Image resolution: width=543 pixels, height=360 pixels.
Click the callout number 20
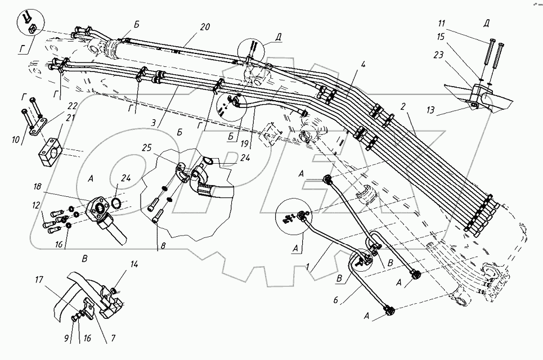205,26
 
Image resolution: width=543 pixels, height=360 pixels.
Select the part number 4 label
353,64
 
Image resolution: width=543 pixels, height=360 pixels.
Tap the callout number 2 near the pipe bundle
403,107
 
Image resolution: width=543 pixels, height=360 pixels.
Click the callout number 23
438,55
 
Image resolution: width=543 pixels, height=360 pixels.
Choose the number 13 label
430,110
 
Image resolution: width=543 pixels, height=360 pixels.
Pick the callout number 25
147,148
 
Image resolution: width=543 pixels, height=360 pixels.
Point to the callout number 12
37,206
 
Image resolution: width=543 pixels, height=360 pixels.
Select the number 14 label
134,264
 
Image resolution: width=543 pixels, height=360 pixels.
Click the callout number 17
39,279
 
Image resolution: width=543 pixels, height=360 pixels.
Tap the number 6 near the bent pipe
335,300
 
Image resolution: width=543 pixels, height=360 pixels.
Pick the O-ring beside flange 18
117,203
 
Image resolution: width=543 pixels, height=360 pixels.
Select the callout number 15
441,37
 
